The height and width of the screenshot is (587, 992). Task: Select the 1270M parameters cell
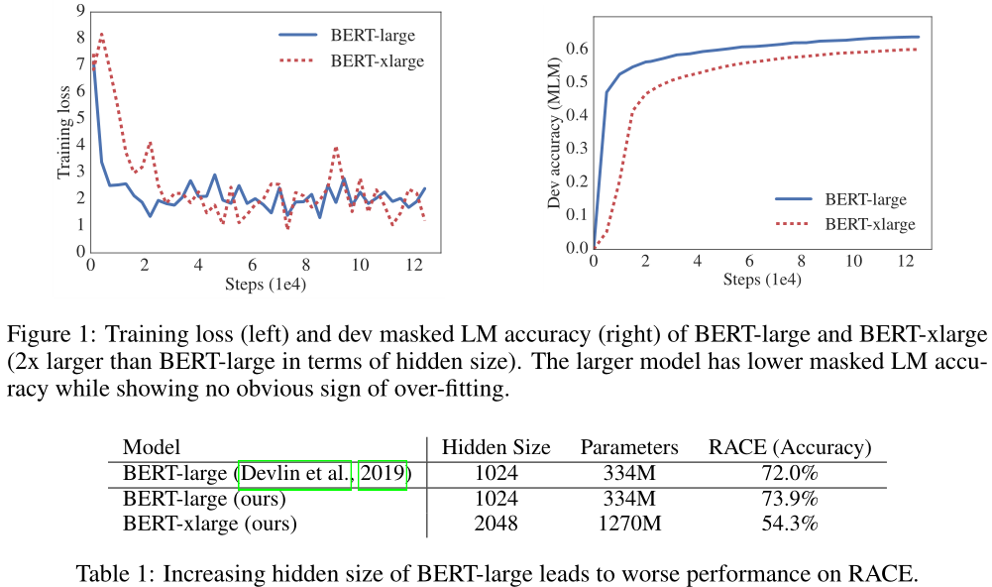[629, 524]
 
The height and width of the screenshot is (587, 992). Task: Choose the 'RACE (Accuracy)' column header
[790, 447]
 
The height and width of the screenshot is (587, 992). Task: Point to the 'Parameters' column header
[629, 447]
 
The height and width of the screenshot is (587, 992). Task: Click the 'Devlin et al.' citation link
[296, 474]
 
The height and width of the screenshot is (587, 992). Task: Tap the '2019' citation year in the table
[382, 474]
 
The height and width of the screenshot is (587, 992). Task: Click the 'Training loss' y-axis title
[64, 133]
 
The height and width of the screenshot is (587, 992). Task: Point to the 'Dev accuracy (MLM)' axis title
[556, 133]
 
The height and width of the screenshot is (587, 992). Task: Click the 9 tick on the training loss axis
[80, 11]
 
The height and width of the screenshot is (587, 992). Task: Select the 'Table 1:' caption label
[113, 573]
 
